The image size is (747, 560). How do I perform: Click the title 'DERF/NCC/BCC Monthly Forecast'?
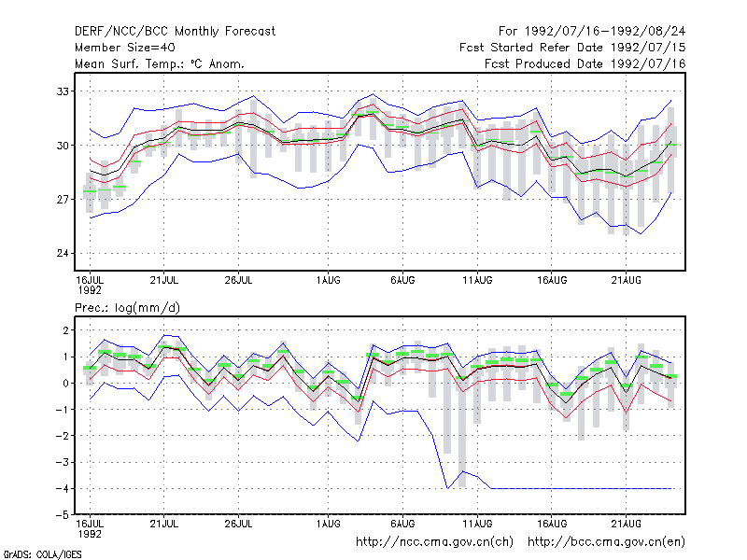[175, 32]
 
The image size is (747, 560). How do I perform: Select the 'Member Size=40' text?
[125, 48]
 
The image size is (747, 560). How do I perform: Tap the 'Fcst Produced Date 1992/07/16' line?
[585, 63]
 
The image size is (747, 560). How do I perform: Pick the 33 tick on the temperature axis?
[63, 91]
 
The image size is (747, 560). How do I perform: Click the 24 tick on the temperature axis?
[63, 253]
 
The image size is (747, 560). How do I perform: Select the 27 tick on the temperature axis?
[63, 199]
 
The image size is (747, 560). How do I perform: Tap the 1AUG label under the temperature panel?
[329, 280]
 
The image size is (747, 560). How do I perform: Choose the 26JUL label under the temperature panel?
[238, 280]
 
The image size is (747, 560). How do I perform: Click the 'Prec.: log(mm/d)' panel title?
[127, 308]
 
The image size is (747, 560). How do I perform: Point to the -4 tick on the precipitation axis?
[62, 488]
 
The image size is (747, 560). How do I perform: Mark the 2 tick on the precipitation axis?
[65, 330]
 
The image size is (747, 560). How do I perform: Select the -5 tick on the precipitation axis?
[62, 515]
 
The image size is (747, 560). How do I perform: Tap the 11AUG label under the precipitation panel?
[477, 524]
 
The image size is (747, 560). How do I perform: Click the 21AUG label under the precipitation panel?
[626, 524]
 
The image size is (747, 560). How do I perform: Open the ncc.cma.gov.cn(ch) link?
[434, 542]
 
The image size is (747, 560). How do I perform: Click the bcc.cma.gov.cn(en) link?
[606, 542]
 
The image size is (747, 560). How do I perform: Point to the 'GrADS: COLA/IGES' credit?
[43, 554]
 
